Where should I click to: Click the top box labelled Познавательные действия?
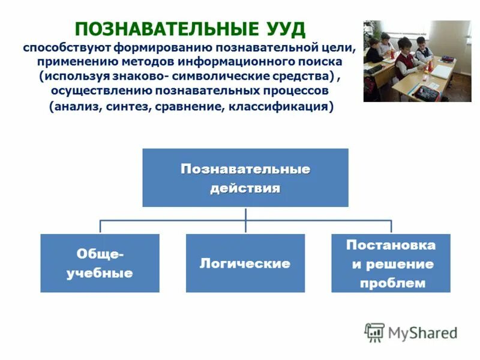click(245, 178)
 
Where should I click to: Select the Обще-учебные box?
click(100, 263)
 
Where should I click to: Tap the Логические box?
click(245, 263)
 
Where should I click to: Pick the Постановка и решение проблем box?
click(391, 263)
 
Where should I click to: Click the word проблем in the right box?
click(392, 283)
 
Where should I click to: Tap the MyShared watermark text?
click(422, 333)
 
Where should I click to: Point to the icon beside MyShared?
click(374, 332)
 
